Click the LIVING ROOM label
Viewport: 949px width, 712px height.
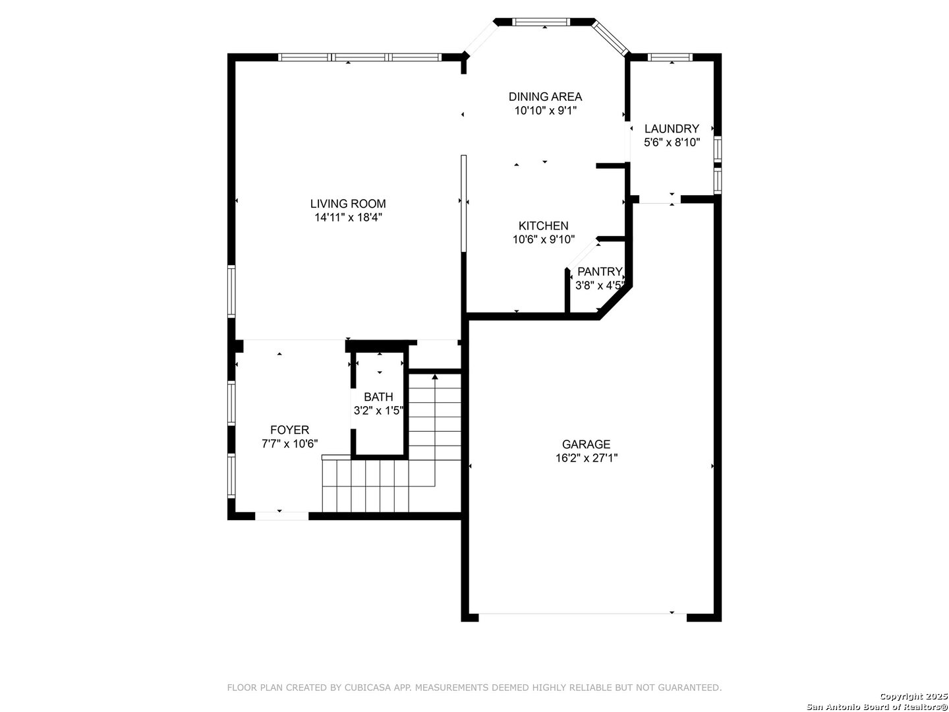coord(347,204)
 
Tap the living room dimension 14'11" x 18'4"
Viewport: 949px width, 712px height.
coord(347,218)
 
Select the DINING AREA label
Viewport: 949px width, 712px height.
coord(545,96)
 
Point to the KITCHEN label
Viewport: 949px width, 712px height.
coord(543,225)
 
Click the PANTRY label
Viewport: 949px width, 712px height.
coord(599,272)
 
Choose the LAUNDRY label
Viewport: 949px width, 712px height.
coord(672,129)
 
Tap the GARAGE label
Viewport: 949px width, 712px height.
coord(586,444)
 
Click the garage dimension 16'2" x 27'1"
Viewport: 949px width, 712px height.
coord(586,458)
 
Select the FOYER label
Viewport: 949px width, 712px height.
coord(290,430)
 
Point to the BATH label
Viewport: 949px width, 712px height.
coord(378,397)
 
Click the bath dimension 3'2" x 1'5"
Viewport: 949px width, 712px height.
coord(378,411)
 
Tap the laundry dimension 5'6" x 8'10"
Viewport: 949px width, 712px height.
coord(672,142)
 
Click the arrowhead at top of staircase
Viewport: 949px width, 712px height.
coord(434,377)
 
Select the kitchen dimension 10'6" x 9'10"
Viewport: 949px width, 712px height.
coord(543,239)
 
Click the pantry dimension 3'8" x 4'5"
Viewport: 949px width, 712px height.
coord(599,285)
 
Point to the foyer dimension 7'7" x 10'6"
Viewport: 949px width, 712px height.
coord(290,444)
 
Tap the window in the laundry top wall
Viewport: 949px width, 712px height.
coord(670,57)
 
